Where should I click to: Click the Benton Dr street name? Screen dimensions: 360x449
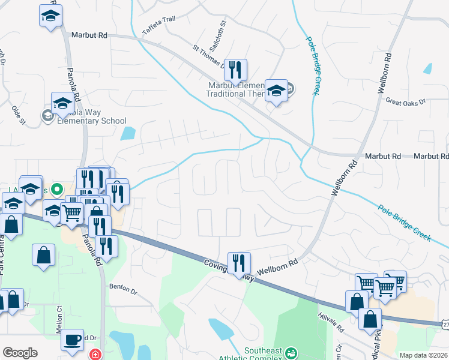tap(124, 289)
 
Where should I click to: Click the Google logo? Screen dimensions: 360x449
tap(20, 353)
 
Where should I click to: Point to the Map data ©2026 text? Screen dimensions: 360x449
tap(424, 355)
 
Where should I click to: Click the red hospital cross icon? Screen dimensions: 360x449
tap(94, 355)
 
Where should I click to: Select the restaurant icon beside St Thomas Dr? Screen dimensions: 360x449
tap(235, 70)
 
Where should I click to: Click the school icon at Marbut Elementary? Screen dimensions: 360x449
tap(276, 91)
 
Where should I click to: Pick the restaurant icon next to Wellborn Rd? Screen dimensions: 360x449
tap(239, 263)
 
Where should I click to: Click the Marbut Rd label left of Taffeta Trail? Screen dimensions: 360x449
tap(89, 36)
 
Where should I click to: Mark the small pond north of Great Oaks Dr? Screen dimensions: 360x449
tap(427, 68)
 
